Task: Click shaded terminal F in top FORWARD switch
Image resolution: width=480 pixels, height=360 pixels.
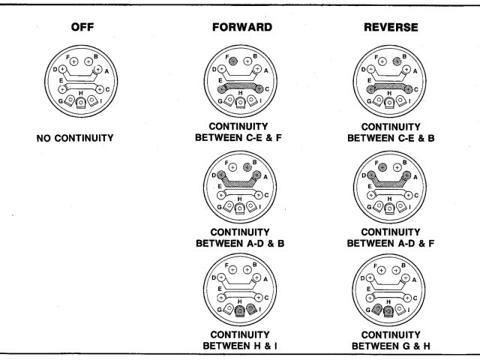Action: [232, 61]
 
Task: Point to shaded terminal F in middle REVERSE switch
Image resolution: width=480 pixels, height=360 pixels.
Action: [383, 165]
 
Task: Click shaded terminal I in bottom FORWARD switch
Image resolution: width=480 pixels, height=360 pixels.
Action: [253, 307]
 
